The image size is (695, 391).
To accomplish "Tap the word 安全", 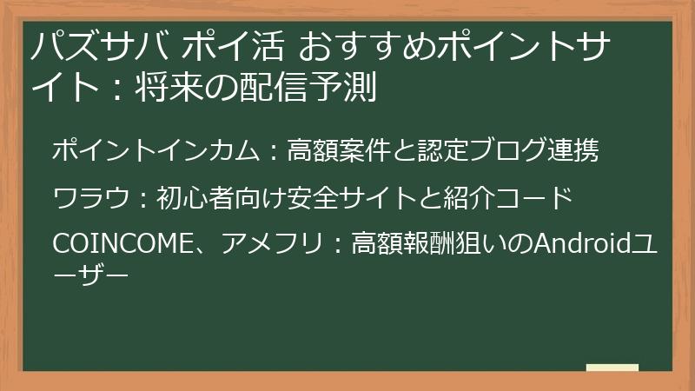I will (x=308, y=199).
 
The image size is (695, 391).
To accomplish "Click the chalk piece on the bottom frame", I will (x=612, y=369).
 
